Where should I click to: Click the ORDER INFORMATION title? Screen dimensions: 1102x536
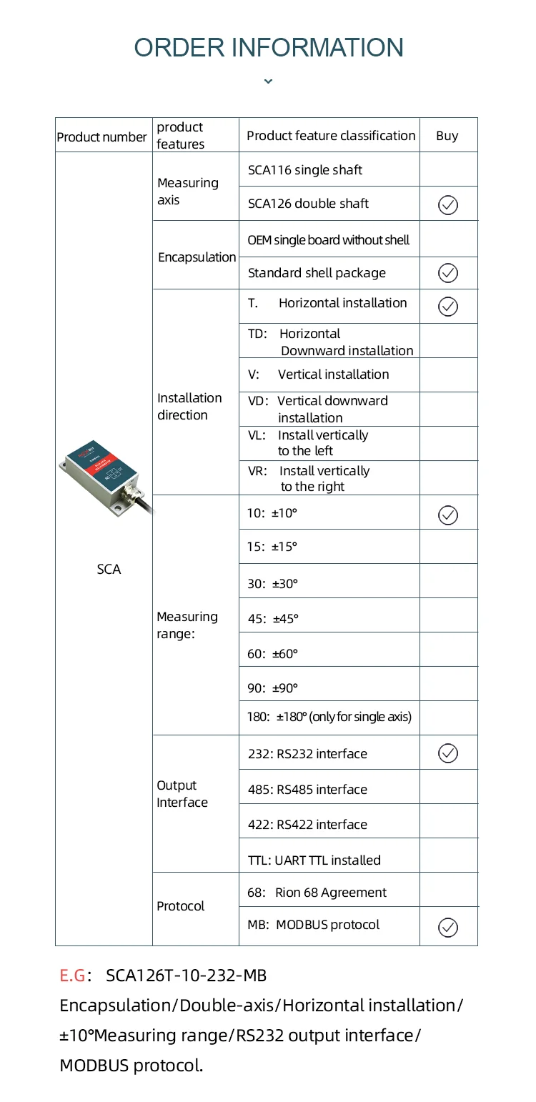[268, 48]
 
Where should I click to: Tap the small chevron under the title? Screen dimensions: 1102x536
[268, 81]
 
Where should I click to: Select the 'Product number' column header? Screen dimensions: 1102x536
[101, 136]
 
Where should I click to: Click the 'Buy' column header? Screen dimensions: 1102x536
[447, 136]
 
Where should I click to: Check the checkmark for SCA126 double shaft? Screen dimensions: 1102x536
[448, 205]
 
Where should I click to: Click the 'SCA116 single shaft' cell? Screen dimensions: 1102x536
[305, 170]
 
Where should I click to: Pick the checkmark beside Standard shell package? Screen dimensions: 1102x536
[448, 273]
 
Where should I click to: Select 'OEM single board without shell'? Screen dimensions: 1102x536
[329, 240]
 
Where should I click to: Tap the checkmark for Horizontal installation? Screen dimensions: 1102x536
[448, 307]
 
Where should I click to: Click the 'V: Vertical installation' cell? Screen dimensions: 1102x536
[319, 374]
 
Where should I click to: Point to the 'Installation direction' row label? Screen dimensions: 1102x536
[189, 406]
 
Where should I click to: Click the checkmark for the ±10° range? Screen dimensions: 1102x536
[448, 515]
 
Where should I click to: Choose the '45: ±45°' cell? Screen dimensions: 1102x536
[273, 619]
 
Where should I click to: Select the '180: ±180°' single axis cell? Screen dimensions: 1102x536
[329, 717]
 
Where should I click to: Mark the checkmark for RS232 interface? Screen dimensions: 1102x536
[448, 753]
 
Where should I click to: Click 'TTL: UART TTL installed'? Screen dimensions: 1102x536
[314, 860]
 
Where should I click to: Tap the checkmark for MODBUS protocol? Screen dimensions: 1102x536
[448, 928]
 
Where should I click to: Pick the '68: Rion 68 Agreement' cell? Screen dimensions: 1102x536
[317, 893]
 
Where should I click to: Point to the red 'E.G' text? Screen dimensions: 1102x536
[73, 976]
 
